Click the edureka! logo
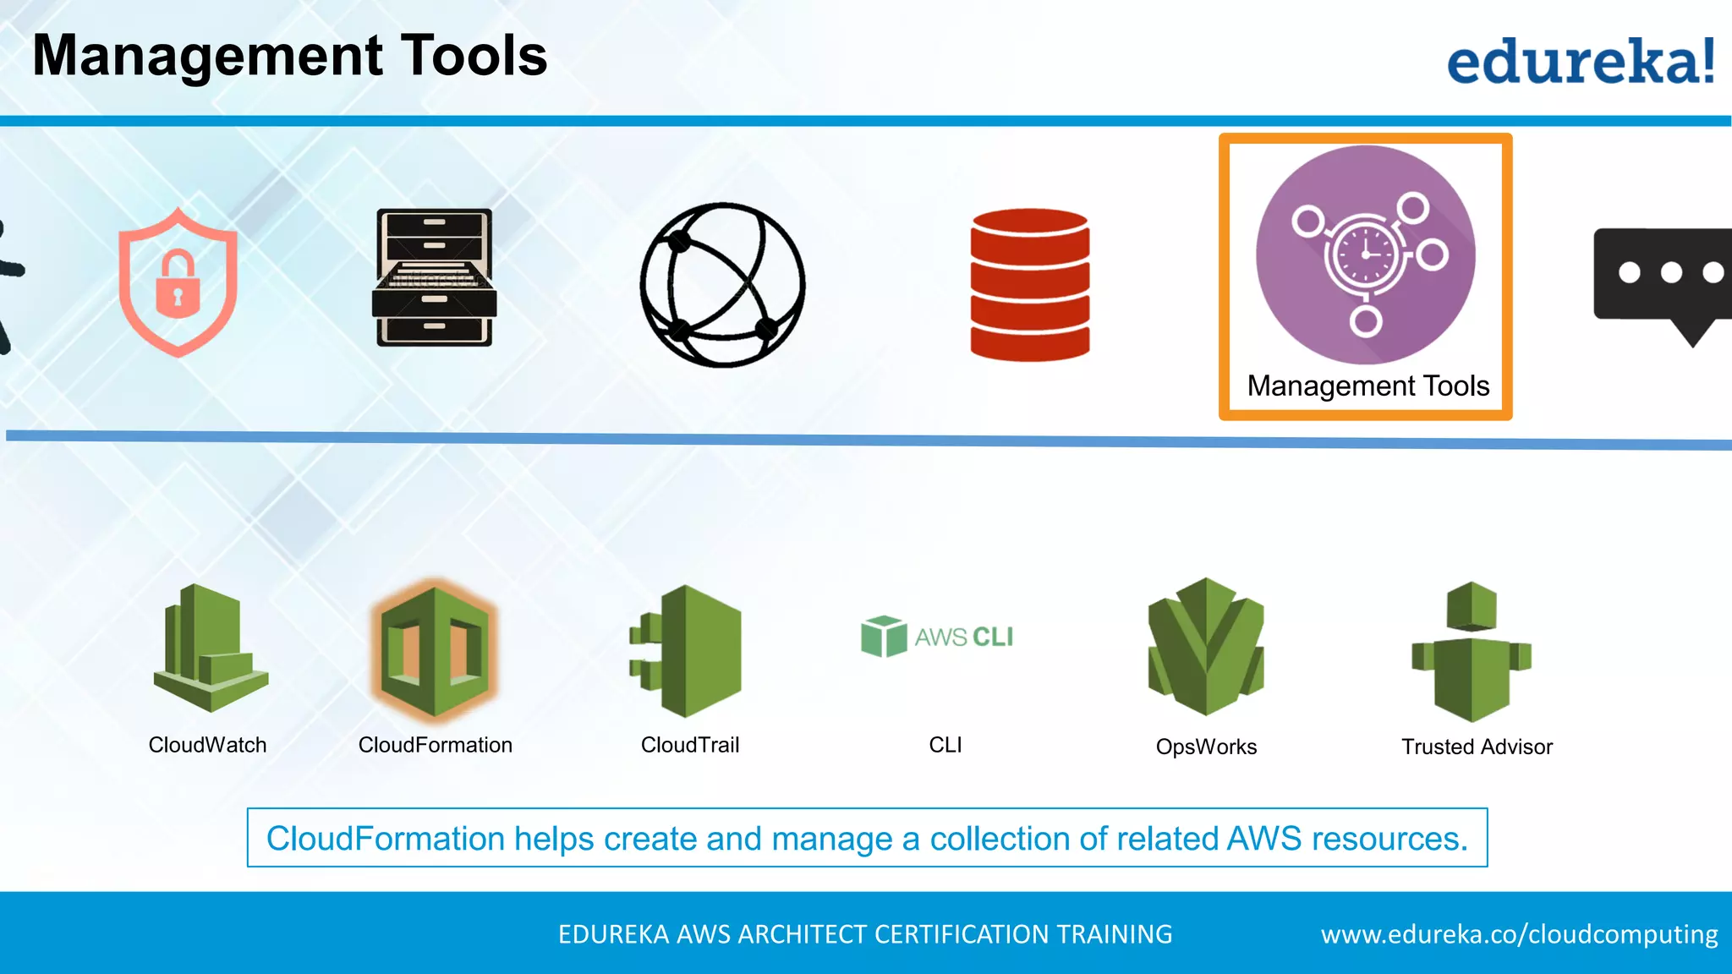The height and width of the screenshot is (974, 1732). coord(1580,61)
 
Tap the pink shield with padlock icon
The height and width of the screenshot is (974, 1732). coord(178,282)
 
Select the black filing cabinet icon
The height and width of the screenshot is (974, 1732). coord(434,277)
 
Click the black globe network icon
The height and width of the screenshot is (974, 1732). coord(722,285)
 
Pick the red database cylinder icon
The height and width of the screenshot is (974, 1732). coord(1029,284)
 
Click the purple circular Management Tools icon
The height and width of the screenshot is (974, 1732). coord(1365,254)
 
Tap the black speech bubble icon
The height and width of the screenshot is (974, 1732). coord(1663,280)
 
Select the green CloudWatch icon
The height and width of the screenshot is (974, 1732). coord(211,648)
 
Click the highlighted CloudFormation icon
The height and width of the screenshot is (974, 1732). coord(435,649)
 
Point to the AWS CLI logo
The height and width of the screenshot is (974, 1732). coord(937,636)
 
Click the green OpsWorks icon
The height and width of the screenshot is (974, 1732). coord(1206,647)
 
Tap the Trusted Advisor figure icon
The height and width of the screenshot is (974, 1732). coord(1472,651)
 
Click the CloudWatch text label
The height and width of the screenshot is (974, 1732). coord(207,745)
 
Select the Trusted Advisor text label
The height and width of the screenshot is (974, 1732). coord(1477,747)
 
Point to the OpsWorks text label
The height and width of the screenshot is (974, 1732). coord(1206,747)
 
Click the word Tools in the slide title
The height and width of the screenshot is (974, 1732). coord(474,56)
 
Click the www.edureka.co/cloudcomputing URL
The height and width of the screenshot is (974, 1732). coord(1519,934)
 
